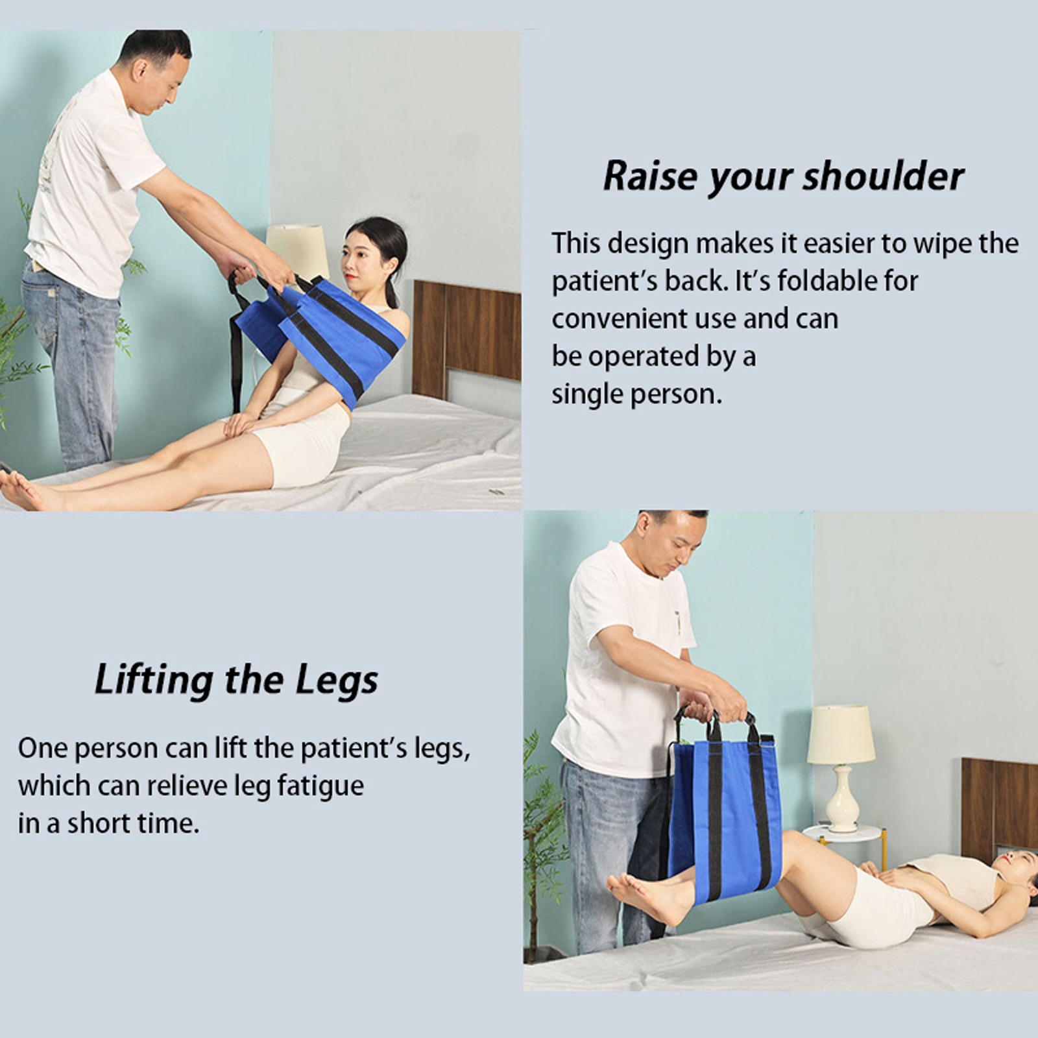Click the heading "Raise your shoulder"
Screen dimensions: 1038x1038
[783, 177]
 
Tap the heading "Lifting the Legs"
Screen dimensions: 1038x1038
[236, 680]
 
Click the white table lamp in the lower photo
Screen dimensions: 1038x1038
[841, 768]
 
